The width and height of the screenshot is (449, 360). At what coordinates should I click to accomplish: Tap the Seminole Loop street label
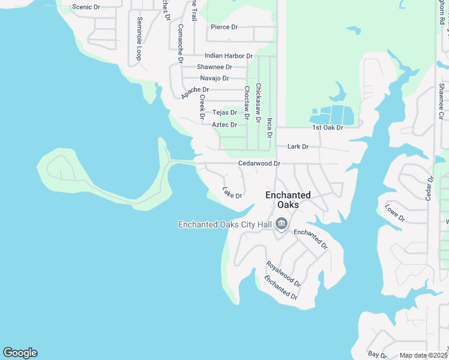(139, 38)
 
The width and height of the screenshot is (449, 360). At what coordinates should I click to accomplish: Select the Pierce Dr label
(224, 27)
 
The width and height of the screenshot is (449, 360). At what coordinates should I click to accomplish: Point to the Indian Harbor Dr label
(228, 56)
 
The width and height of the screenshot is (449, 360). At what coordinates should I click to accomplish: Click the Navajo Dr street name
(214, 78)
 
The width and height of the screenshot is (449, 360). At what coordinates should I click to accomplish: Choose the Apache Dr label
(195, 92)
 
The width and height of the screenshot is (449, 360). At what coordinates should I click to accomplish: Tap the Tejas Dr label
(224, 112)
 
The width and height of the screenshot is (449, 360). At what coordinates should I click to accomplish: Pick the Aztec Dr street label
(224, 124)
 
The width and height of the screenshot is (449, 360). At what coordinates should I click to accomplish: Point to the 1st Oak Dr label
(327, 128)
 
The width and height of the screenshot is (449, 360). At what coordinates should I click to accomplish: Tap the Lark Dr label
(298, 146)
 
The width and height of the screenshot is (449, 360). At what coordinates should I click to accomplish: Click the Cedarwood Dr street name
(259, 163)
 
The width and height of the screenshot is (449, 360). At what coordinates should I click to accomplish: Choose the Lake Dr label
(232, 193)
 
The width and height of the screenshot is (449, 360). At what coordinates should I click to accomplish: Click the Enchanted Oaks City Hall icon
(282, 225)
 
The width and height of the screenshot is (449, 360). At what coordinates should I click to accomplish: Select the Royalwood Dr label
(283, 273)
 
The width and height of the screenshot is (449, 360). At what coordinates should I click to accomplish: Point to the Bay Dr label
(378, 355)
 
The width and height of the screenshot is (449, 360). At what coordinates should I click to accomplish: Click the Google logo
(20, 353)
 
